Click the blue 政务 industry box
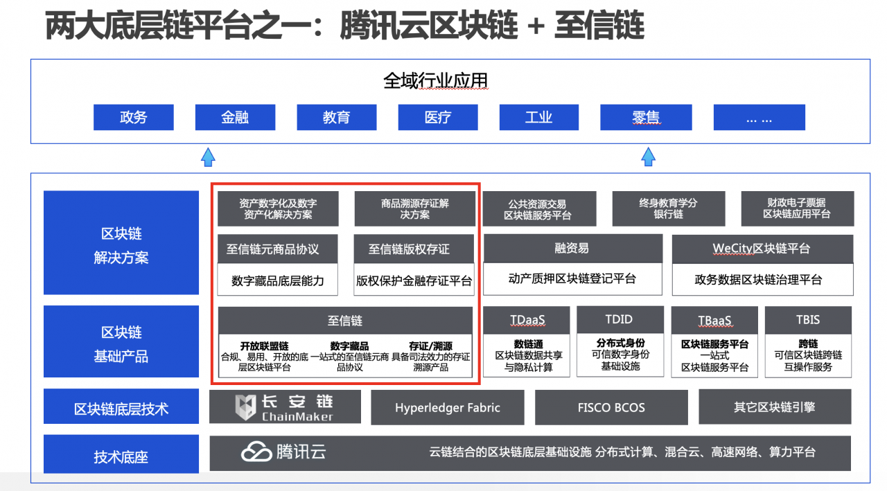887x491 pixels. point(133,117)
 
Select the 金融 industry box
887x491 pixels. point(235,117)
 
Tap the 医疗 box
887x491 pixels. point(438,117)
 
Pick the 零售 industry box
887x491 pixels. point(646,117)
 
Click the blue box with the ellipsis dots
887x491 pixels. point(759,117)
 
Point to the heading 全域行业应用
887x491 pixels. point(436,80)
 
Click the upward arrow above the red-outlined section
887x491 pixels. point(208,157)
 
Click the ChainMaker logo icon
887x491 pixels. point(246,407)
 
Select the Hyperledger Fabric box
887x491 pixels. point(448,407)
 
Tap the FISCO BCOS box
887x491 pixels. point(611,407)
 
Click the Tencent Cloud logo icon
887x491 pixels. point(256,452)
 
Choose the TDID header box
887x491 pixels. point(619,319)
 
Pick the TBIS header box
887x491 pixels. point(808,319)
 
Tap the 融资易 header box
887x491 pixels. point(572,248)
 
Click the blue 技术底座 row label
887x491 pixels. point(121,456)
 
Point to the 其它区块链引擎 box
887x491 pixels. point(775,407)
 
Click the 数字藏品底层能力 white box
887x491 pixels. point(278,280)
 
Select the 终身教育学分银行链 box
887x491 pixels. point(668,208)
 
